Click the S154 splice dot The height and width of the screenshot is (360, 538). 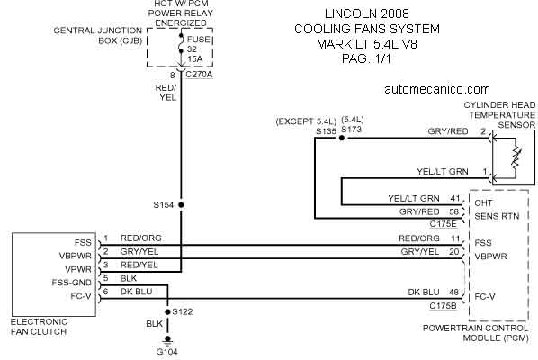(x=181, y=205)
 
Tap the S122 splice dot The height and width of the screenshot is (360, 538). (x=167, y=311)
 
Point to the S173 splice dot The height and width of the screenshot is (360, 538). (x=341, y=138)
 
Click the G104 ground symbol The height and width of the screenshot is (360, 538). (x=167, y=340)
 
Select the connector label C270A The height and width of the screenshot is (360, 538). (x=199, y=75)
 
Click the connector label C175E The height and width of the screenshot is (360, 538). (x=443, y=224)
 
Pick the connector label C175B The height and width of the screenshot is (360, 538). (x=443, y=305)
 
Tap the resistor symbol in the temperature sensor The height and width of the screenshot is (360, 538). (x=516, y=157)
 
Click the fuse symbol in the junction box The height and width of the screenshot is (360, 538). (x=181, y=43)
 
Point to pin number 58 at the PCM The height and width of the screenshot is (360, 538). (x=454, y=211)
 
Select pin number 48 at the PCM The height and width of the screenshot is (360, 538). (x=454, y=292)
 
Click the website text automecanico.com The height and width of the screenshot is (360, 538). (x=437, y=89)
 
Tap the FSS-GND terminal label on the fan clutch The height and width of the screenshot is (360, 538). (x=72, y=283)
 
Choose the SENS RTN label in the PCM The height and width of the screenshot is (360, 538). (x=497, y=216)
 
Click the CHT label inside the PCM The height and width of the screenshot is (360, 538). (x=483, y=202)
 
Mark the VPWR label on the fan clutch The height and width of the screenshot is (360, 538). (x=78, y=269)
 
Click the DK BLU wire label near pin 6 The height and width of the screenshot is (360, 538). (x=136, y=292)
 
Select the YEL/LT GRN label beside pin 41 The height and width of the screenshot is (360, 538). (x=414, y=198)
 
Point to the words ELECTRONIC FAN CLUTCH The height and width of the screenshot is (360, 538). (x=39, y=327)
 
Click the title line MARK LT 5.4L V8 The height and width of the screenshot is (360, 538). (x=366, y=44)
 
